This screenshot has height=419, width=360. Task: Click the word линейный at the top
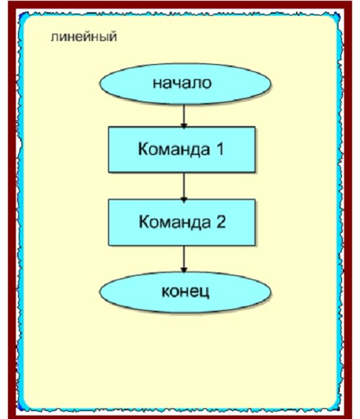click(84, 37)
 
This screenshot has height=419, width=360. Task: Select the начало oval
click(185, 84)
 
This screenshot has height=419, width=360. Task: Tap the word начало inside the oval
click(182, 83)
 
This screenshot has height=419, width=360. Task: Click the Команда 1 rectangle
click(181, 149)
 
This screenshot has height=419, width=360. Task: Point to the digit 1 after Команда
click(220, 148)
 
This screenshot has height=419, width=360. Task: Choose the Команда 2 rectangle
click(181, 222)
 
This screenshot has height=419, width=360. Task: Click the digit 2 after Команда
click(221, 221)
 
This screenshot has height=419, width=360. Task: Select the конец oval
click(185, 292)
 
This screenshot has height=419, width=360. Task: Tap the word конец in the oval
click(186, 292)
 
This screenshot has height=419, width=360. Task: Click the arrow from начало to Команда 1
click(184, 116)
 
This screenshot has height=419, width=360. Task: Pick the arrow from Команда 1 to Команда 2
click(184, 187)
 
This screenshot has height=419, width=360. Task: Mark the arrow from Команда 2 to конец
click(184, 259)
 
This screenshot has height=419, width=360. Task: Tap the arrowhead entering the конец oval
click(184, 270)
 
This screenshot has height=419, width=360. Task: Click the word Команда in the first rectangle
click(174, 149)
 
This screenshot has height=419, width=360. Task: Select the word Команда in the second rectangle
click(175, 222)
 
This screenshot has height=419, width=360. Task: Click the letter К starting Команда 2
click(144, 221)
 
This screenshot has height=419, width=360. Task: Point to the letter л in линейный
click(55, 37)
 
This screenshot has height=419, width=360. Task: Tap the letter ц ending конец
click(205, 293)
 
